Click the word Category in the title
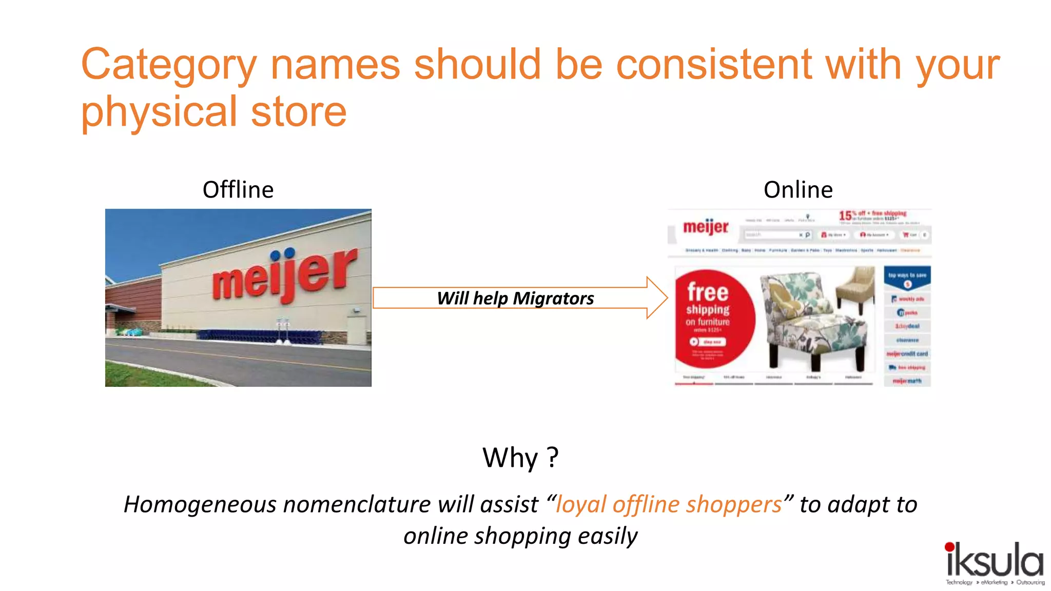pos(168,66)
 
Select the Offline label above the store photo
pos(238,190)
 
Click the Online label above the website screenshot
pos(798,190)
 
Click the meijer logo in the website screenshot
pos(706,227)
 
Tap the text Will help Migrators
pos(515,299)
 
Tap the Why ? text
pos(520,458)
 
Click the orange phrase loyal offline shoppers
pos(669,505)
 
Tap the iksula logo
pos(994,562)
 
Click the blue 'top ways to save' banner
pos(907,278)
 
